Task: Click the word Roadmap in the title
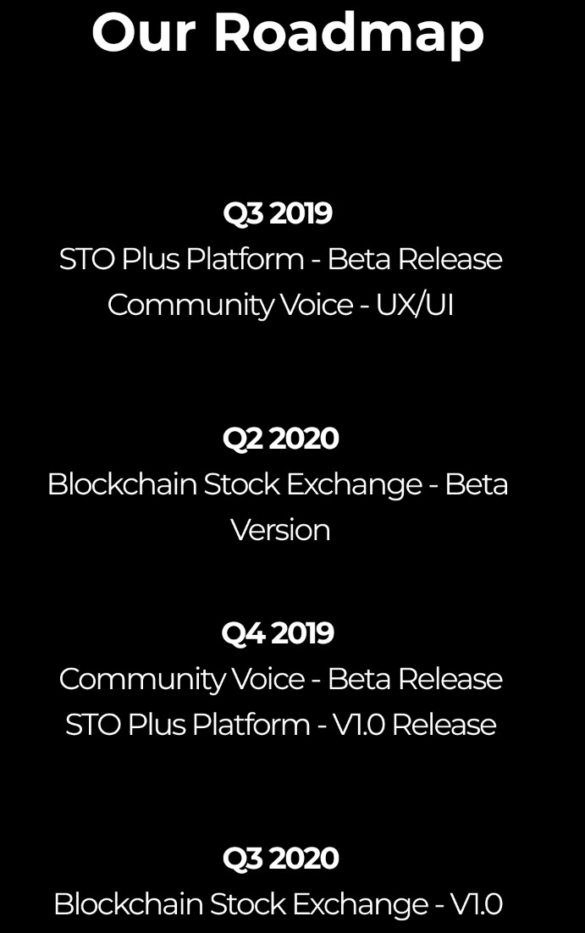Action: click(349, 35)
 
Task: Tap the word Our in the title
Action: click(143, 33)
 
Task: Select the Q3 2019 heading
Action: click(278, 213)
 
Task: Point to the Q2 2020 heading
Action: click(280, 439)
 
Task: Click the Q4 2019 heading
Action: click(278, 633)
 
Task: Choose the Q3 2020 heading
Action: click(280, 858)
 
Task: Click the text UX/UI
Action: click(414, 306)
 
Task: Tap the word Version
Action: click(280, 530)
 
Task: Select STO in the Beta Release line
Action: click(87, 259)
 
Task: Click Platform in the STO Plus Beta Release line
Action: click(245, 259)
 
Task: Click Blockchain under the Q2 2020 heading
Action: click(122, 484)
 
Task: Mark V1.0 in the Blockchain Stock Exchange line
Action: click(477, 904)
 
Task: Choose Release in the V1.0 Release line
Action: click(444, 726)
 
